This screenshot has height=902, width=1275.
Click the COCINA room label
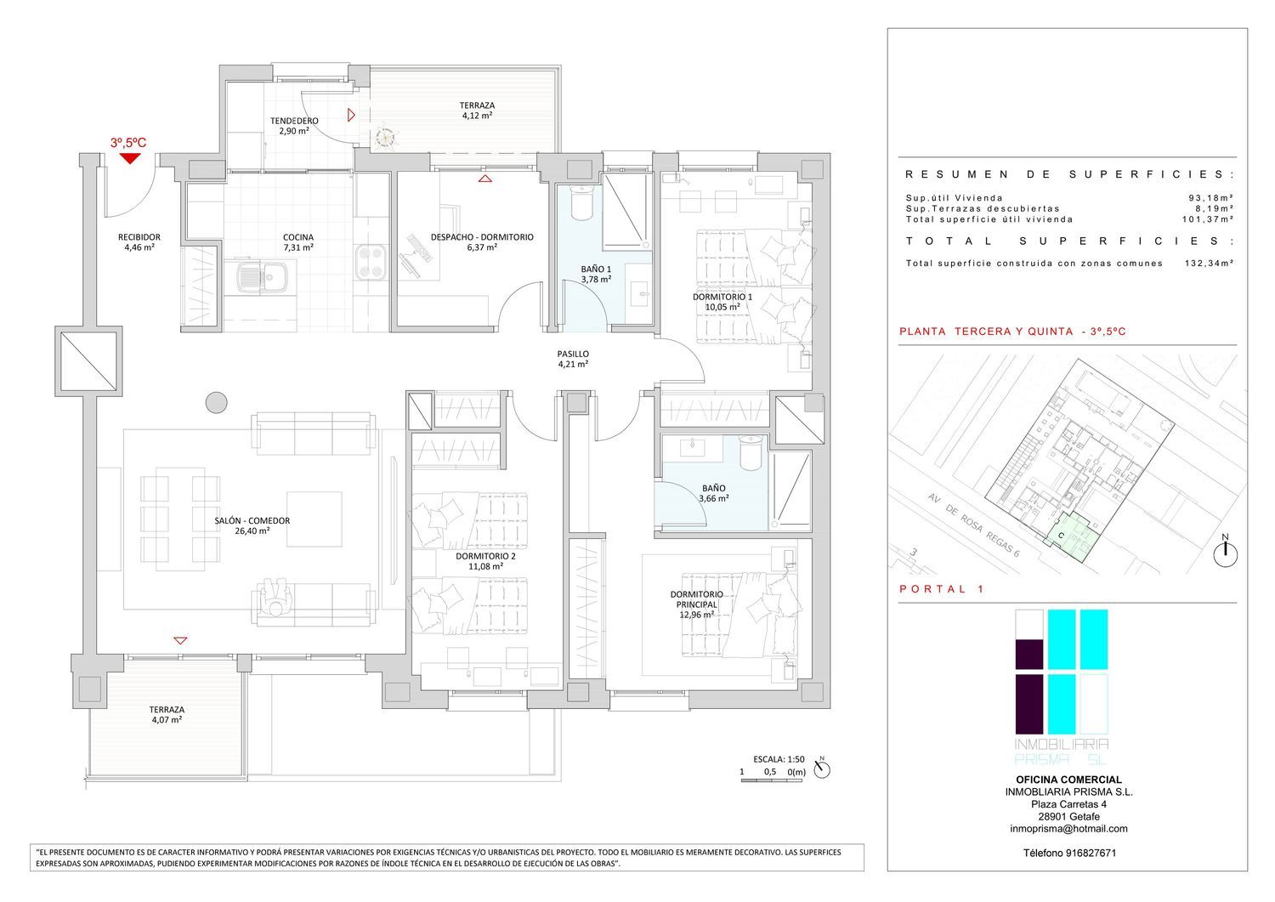pos(298,237)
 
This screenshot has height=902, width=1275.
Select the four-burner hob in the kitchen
pos(371,262)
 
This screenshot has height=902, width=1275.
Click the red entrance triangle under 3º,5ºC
pos(130,158)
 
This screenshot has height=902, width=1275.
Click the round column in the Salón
pos(216,403)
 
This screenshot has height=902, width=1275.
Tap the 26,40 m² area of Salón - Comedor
pos(252,530)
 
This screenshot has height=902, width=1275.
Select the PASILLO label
pos(573,354)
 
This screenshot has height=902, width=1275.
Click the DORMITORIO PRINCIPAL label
pos(697,599)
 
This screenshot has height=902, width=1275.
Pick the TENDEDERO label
pos(294,121)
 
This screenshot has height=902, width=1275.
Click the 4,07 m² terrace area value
pos(167,720)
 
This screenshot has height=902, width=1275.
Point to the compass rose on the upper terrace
pos(387,137)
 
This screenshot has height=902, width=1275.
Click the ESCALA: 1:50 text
pos(779,759)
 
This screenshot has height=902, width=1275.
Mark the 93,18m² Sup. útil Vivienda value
pos(1210,197)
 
